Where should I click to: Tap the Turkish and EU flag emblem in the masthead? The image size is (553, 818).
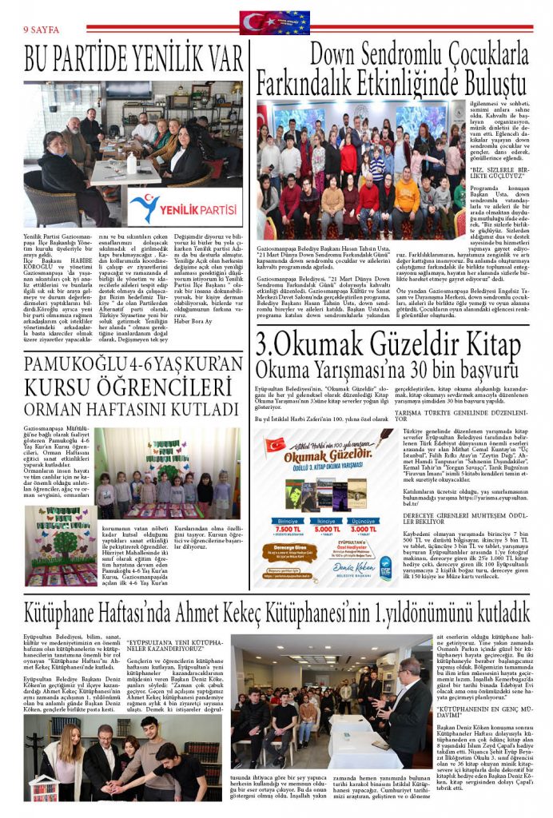[x=275, y=22]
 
